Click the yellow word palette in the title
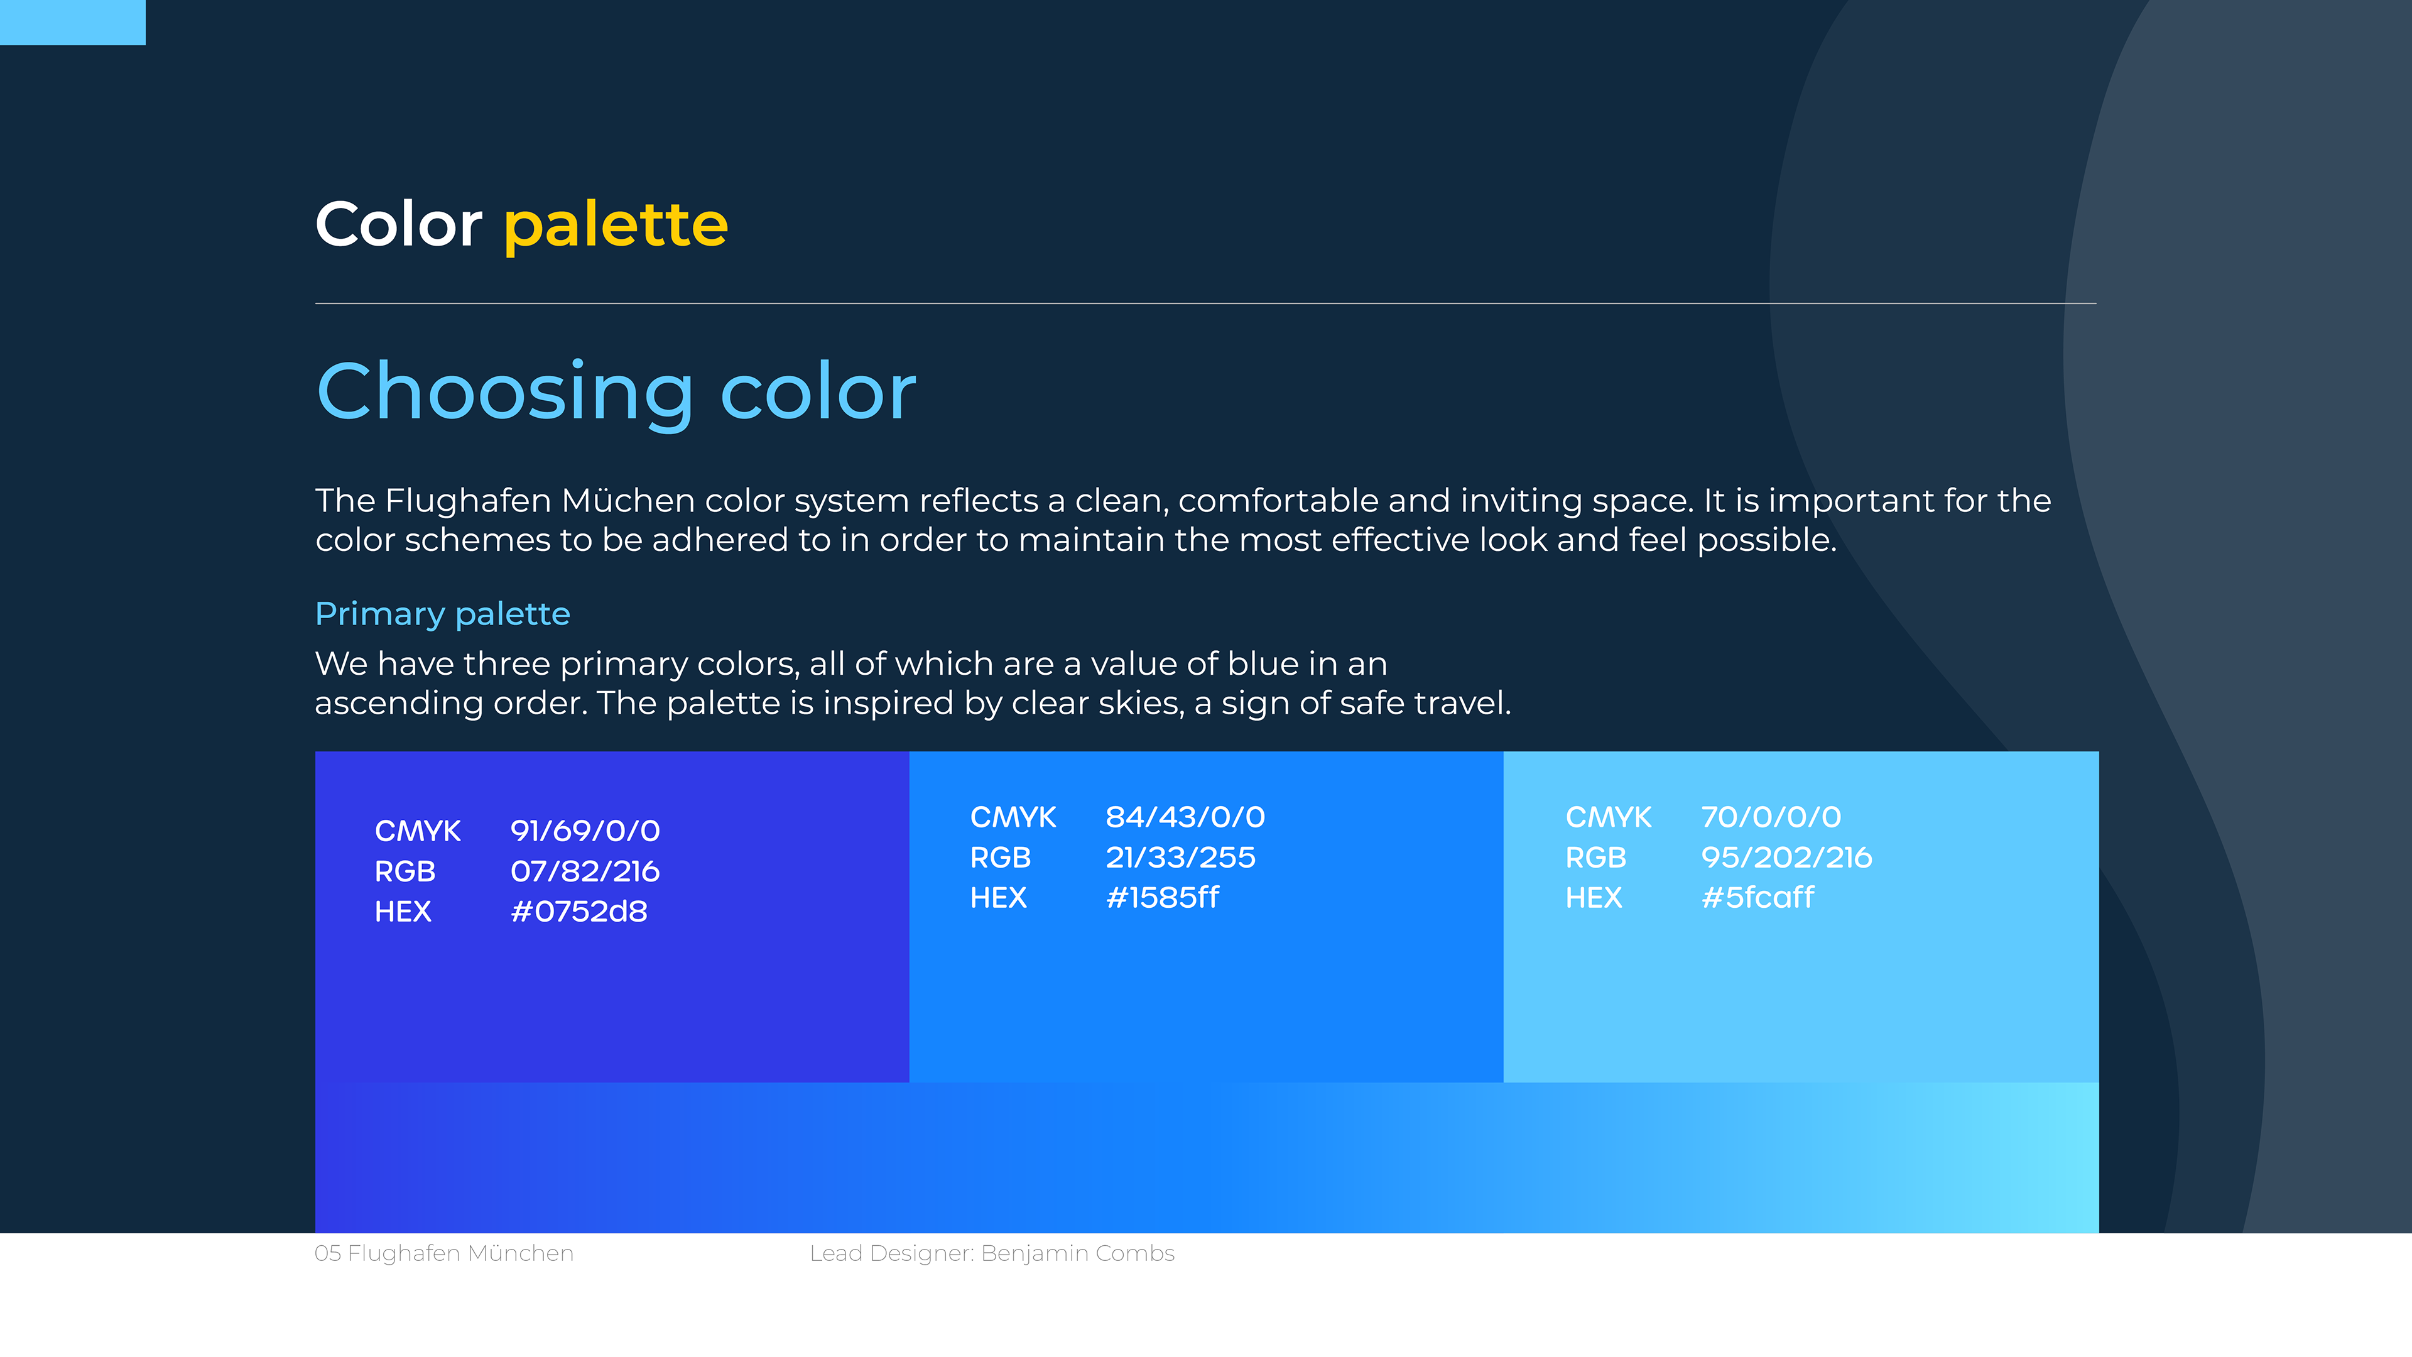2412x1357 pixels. [x=616, y=226]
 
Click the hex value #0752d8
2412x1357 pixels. [x=579, y=911]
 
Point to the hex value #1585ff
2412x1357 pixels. [x=1162, y=897]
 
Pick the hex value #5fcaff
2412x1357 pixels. [x=1757, y=897]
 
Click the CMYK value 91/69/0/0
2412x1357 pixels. [x=585, y=831]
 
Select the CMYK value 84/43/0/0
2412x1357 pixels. [x=1185, y=817]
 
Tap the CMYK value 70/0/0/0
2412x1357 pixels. [x=1771, y=817]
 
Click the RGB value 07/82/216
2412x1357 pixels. [x=585, y=871]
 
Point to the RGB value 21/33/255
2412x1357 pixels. [x=1181, y=857]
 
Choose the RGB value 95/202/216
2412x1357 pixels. [x=1786, y=857]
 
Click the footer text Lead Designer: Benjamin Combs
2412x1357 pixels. [x=992, y=1254]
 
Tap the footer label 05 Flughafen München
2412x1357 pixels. [x=444, y=1254]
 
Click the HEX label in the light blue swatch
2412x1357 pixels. [x=1594, y=897]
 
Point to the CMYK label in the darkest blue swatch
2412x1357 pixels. [x=418, y=831]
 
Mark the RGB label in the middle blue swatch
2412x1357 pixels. [x=1000, y=857]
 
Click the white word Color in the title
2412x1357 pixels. [x=399, y=225]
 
